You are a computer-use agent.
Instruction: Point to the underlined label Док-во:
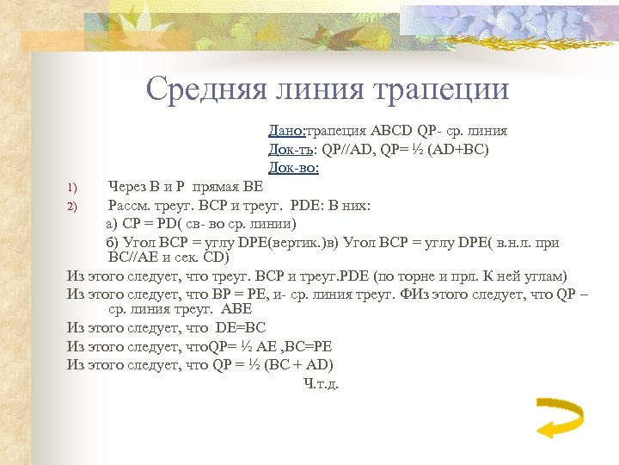[x=293, y=167]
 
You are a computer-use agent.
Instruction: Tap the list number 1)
[x=72, y=186]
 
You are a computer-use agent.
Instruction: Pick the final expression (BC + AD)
[x=291, y=364]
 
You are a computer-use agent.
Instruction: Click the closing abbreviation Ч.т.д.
[x=322, y=383]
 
